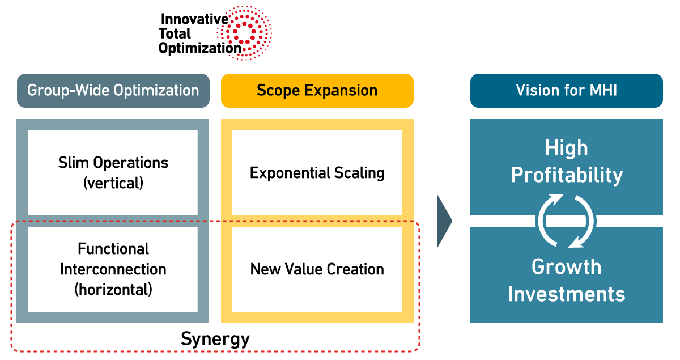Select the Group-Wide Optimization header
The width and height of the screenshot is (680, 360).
click(113, 91)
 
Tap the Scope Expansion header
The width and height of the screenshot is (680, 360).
click(317, 91)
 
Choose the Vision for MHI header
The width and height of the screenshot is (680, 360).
click(566, 91)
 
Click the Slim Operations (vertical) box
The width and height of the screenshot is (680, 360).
click(113, 173)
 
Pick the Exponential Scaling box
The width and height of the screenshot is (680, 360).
click(317, 173)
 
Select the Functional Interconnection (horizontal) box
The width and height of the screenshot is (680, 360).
click(113, 269)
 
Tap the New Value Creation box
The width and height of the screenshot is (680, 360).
click(317, 269)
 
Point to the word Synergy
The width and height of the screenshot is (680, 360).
click(215, 339)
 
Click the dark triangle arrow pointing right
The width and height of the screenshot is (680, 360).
click(444, 221)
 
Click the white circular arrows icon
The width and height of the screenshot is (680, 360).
click(566, 221)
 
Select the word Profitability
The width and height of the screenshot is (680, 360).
click(566, 175)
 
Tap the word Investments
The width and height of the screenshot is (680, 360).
click(566, 294)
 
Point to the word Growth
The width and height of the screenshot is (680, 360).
click(566, 266)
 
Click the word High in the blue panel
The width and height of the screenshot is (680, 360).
click(566, 149)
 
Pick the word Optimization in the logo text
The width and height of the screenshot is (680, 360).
click(199, 48)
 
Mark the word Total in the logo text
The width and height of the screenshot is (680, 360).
click(175, 33)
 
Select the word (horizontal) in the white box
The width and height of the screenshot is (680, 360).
click(113, 289)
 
